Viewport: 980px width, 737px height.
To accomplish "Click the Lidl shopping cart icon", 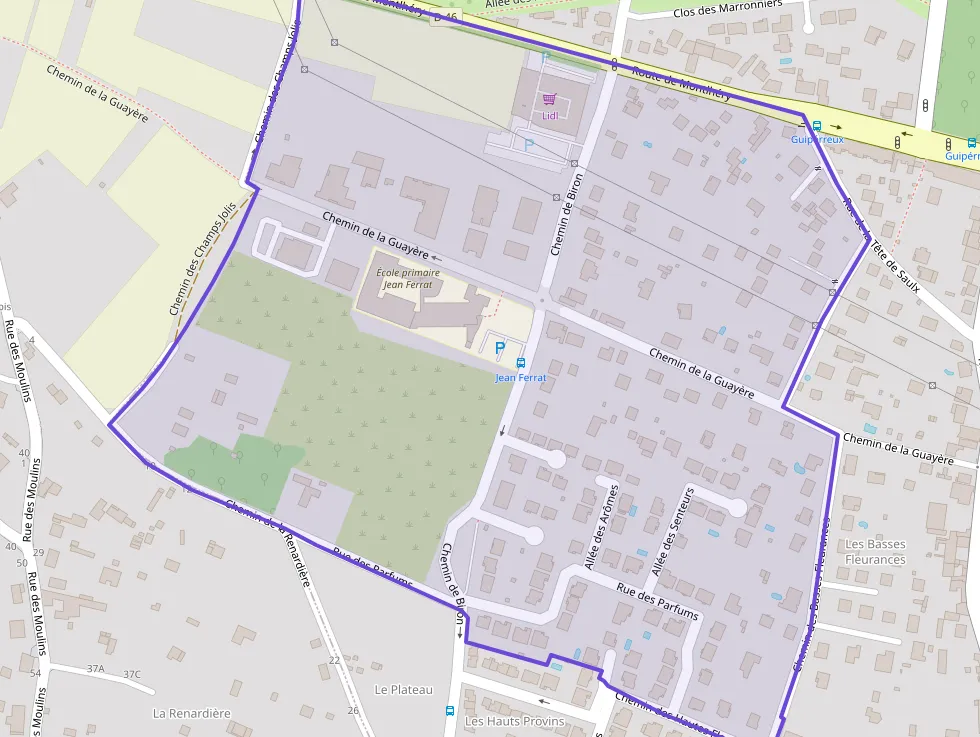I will (549, 98).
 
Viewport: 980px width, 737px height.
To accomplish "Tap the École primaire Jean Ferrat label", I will (408, 278).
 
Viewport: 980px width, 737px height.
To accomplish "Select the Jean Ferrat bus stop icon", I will (520, 362).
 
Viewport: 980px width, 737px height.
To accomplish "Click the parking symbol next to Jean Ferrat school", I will (500, 348).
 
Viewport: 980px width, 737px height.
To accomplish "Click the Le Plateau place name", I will (404, 690).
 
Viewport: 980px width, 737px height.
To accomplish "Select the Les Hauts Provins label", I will (515, 721).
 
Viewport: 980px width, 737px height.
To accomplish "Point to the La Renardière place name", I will (191, 713).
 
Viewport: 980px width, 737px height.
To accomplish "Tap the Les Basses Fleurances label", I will (875, 552).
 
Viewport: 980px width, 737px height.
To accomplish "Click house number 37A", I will (96, 668).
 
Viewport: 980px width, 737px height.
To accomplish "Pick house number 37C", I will (132, 674).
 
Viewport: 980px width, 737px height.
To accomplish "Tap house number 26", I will (353, 710).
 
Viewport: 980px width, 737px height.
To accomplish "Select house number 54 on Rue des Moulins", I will (35, 673).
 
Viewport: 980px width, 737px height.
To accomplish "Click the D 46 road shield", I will (445, 17).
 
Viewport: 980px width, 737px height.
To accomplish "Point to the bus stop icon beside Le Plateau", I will (449, 711).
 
